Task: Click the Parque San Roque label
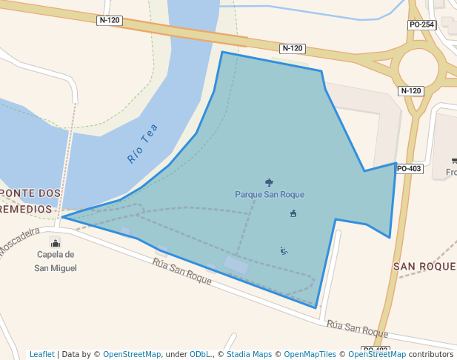(270, 195)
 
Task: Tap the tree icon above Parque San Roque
(268, 181)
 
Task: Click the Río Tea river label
(143, 144)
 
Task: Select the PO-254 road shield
(421, 25)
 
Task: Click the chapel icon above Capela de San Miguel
(55, 243)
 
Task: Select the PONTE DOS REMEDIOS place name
(30, 201)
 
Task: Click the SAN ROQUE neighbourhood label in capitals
(424, 266)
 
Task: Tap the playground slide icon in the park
(284, 250)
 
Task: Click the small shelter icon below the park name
(293, 214)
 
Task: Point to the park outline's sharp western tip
(63, 217)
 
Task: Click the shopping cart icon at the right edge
(453, 161)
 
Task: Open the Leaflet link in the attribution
(42, 354)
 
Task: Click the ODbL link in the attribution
(201, 354)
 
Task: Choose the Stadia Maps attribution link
(249, 354)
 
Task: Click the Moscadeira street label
(19, 241)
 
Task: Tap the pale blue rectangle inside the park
(236, 264)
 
